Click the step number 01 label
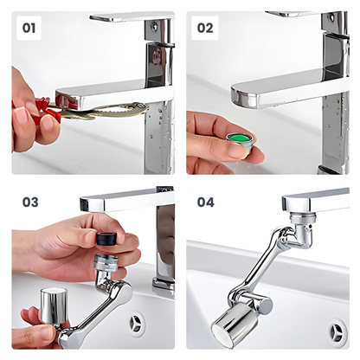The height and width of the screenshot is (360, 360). [x=29, y=28]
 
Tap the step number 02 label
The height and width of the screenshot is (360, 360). [x=205, y=28]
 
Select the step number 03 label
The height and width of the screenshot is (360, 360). [x=30, y=202]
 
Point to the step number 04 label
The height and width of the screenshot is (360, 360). [x=206, y=202]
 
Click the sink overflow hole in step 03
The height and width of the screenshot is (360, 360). [x=138, y=324]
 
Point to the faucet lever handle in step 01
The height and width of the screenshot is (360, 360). [x=130, y=16]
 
